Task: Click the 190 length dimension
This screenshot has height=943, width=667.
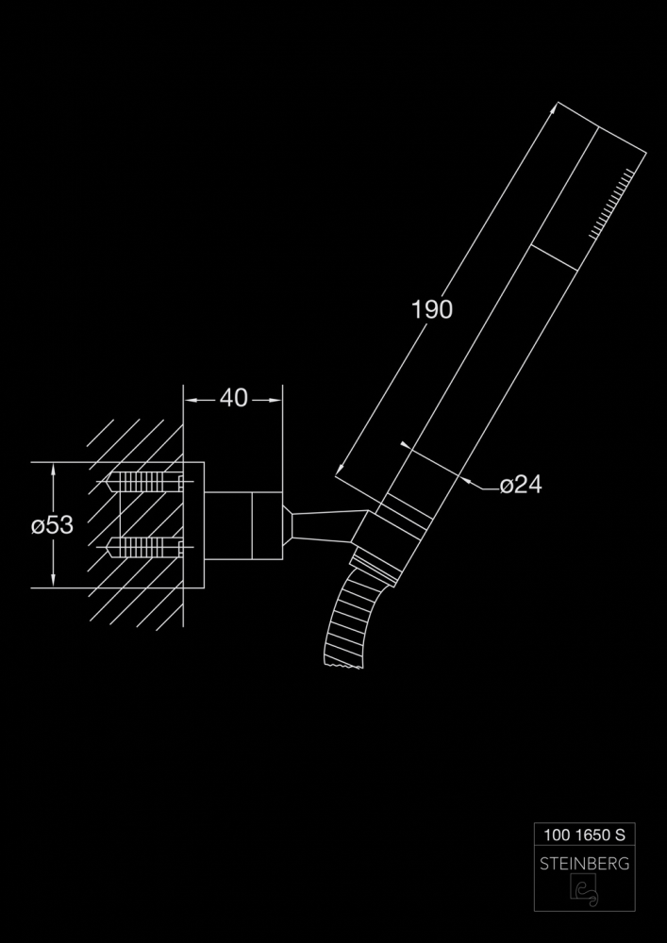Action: pos(432,309)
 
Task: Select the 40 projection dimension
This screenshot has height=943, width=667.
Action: pos(233,398)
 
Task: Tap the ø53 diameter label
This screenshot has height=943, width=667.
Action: pos(52,525)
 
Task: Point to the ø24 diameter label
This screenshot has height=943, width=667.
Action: pos(521,484)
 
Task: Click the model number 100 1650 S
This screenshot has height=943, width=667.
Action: pos(585,835)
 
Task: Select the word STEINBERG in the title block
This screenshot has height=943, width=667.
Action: pos(585,864)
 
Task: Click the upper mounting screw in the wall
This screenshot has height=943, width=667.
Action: pos(144,481)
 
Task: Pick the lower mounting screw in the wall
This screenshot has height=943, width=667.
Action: pos(144,547)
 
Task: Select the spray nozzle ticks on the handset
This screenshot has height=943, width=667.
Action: pos(611,204)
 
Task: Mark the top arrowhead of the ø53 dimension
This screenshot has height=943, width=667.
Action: pos(54,469)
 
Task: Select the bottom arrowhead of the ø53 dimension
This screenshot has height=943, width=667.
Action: pos(54,580)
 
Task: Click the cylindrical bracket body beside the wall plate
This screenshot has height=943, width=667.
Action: pos(243,525)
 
